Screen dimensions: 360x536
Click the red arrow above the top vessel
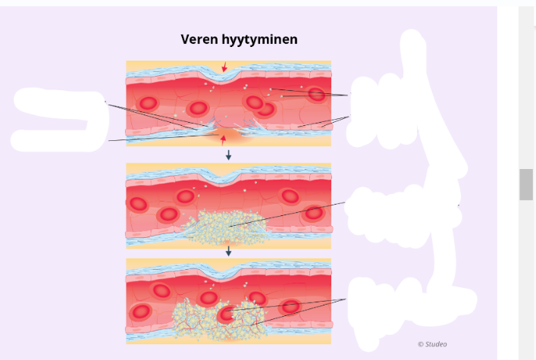pos(224,68)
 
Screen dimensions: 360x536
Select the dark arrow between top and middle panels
pos(228,155)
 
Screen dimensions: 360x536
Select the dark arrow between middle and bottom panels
pos(228,251)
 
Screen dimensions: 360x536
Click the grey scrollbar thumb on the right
pos(525,184)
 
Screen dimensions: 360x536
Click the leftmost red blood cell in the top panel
pos(149,104)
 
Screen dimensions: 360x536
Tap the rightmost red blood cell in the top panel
pos(316,94)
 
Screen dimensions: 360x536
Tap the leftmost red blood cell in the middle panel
pos(139,204)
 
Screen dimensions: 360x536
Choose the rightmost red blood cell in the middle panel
pos(313,213)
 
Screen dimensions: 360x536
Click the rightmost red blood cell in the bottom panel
pos(290,306)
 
